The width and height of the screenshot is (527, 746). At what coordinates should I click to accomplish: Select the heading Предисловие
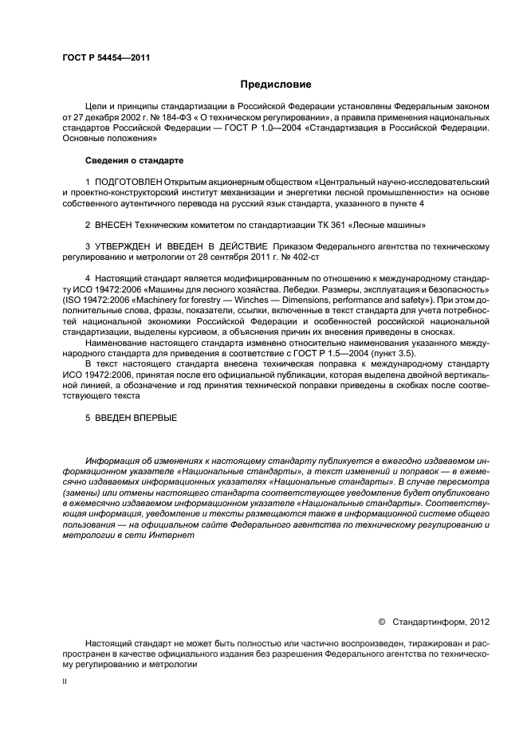click(276, 84)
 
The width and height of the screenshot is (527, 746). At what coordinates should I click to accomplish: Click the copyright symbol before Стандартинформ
click(381, 621)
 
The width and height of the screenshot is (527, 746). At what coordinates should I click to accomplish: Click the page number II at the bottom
click(66, 682)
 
